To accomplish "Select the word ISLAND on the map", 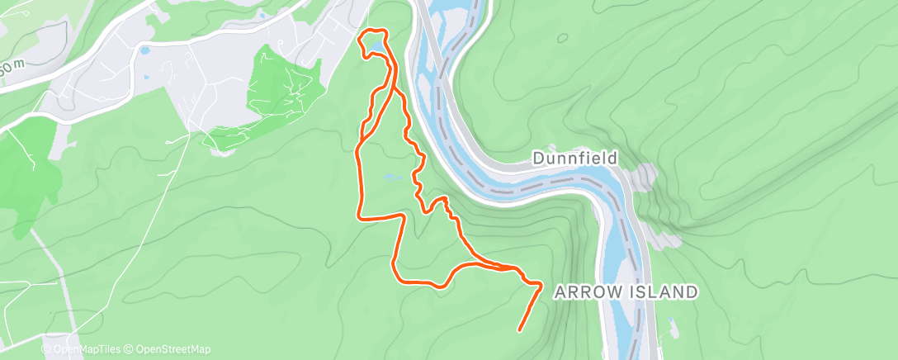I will (664, 291).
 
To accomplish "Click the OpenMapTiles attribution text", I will (86, 349).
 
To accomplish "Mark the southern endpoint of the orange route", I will (519, 330).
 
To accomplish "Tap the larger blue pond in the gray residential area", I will (145, 50).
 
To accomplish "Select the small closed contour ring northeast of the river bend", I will (562, 37).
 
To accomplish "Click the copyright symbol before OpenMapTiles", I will (46, 349).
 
